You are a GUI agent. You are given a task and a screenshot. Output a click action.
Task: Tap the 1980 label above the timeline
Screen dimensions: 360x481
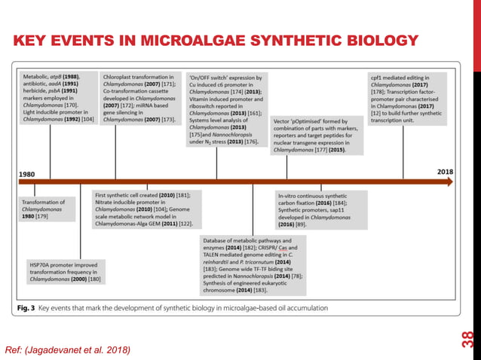(26, 174)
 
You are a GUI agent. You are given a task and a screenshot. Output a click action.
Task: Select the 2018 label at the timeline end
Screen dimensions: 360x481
(445, 172)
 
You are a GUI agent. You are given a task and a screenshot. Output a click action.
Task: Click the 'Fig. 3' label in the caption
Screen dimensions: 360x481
(27, 307)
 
